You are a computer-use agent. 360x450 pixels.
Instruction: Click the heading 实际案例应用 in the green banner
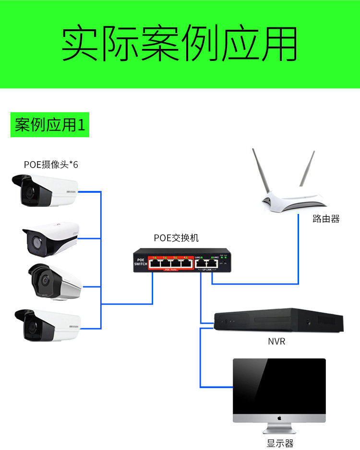(180, 45)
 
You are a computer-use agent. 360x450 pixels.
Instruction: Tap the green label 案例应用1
(50, 125)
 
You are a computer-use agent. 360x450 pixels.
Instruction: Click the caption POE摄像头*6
(51, 165)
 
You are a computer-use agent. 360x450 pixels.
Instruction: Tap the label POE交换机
(176, 237)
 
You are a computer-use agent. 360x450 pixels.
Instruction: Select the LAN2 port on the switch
(214, 263)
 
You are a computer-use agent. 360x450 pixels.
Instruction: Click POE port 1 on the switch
(155, 263)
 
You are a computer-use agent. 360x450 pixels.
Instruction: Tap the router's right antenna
(307, 168)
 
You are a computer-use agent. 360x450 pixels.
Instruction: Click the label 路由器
(326, 219)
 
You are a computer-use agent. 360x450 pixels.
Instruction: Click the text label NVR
(276, 342)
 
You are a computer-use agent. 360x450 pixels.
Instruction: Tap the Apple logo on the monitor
(279, 417)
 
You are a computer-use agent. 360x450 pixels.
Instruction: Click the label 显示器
(280, 443)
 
